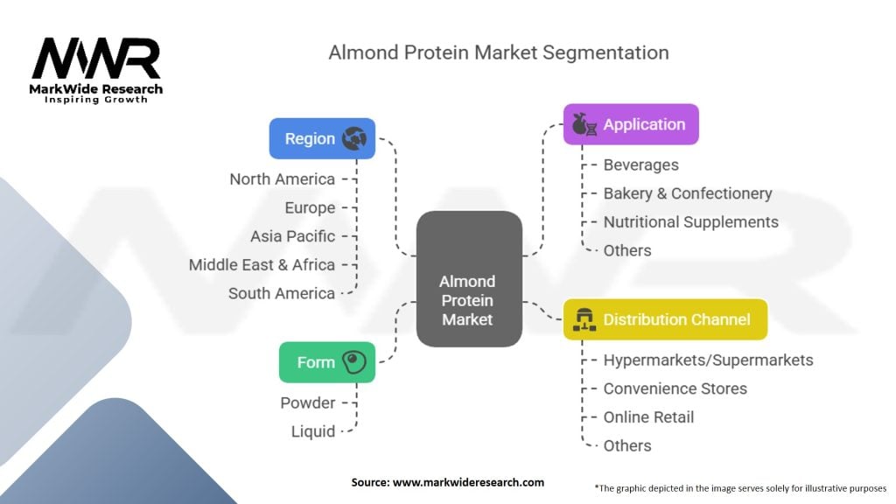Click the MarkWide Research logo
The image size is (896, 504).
96,69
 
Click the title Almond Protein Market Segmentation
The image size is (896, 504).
498,52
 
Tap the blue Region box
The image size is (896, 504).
322,138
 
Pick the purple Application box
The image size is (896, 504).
631,124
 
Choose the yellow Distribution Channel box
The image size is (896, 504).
665,319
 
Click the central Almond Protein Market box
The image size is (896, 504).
467,301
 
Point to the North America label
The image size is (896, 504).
282,179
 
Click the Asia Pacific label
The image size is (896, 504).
292,236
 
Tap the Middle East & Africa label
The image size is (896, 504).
262,264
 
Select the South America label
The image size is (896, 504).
281,293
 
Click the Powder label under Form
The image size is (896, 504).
307,402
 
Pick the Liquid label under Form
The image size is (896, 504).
312,431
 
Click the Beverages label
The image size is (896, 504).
640,164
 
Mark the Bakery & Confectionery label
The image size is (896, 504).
687,193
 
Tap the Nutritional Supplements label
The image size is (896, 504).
690,222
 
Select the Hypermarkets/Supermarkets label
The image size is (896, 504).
708,360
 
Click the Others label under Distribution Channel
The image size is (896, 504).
627,445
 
